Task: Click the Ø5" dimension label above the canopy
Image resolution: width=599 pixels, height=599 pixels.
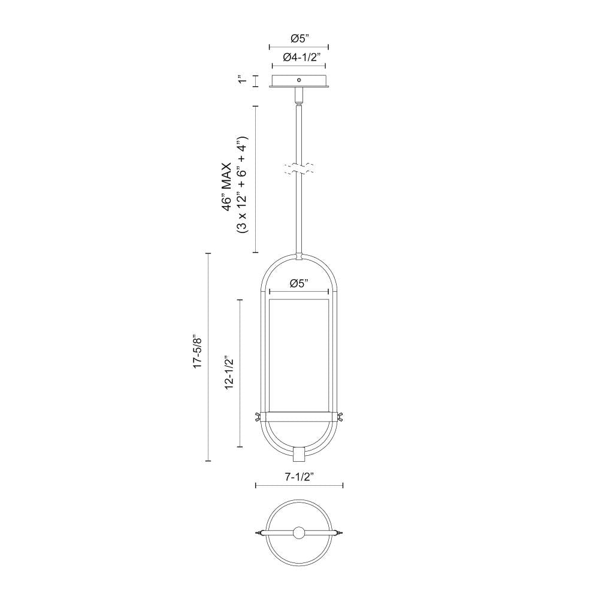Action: coord(299,38)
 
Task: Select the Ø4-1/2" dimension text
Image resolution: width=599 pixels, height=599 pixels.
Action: coord(299,57)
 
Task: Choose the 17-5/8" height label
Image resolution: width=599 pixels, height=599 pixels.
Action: coord(197,358)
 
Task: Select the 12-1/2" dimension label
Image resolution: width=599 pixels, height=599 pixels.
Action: coord(229,373)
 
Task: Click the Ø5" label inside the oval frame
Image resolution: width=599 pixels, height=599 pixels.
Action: coord(299,284)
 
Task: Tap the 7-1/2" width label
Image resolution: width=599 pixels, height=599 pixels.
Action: coord(299,477)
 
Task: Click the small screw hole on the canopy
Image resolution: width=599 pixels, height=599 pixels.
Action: coord(299,78)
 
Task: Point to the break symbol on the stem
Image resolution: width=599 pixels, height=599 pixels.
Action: coord(299,168)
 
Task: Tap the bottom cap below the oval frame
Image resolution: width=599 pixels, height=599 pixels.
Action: coord(299,455)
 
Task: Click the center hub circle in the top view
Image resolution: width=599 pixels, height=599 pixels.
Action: coord(299,533)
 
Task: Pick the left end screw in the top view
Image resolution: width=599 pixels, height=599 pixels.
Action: coord(258,532)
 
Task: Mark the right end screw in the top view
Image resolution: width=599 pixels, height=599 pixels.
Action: coord(340,532)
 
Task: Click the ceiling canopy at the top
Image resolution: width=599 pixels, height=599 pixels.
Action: coord(299,81)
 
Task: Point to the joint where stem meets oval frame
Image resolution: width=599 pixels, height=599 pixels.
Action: coord(299,256)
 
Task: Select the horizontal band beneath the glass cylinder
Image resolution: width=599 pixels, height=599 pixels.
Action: coord(299,415)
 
